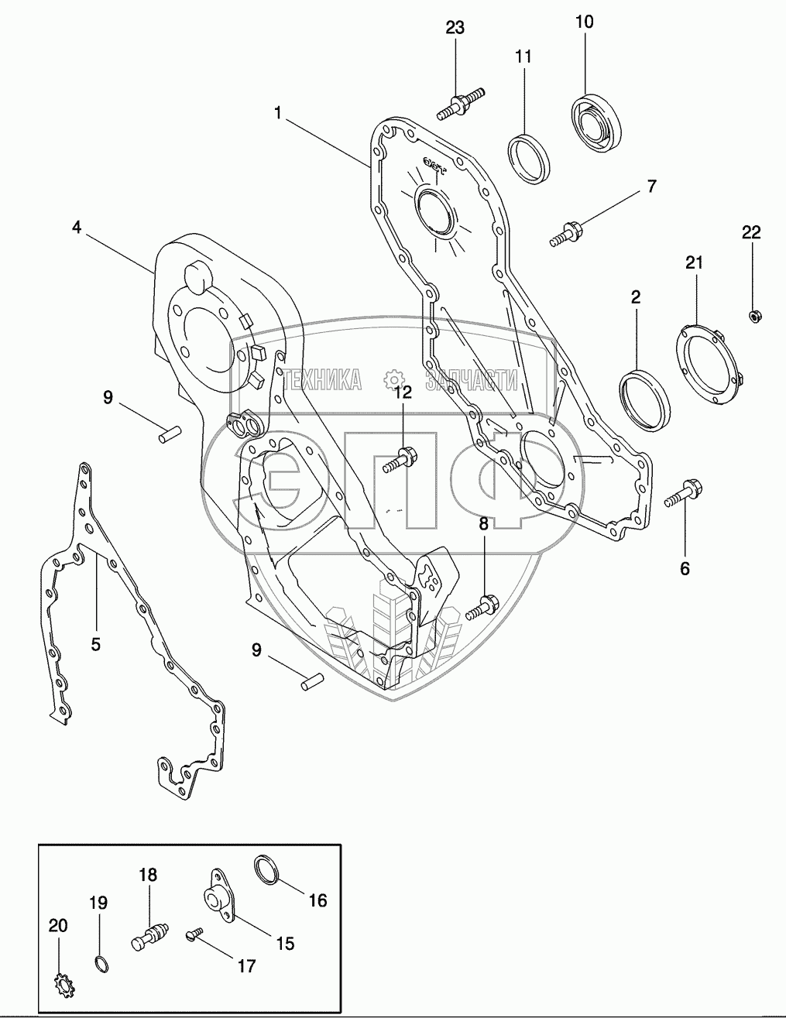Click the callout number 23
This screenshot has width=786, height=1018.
(x=455, y=28)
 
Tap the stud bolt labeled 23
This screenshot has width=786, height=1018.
(x=461, y=104)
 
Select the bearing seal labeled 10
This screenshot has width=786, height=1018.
(x=596, y=124)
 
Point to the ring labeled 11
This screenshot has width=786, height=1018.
(x=530, y=159)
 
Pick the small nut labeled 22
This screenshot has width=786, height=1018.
(x=753, y=317)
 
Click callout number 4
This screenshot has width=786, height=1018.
(x=77, y=228)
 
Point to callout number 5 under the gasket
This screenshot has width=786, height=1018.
(x=95, y=644)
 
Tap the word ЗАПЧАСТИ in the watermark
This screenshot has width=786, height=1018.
(x=472, y=379)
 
